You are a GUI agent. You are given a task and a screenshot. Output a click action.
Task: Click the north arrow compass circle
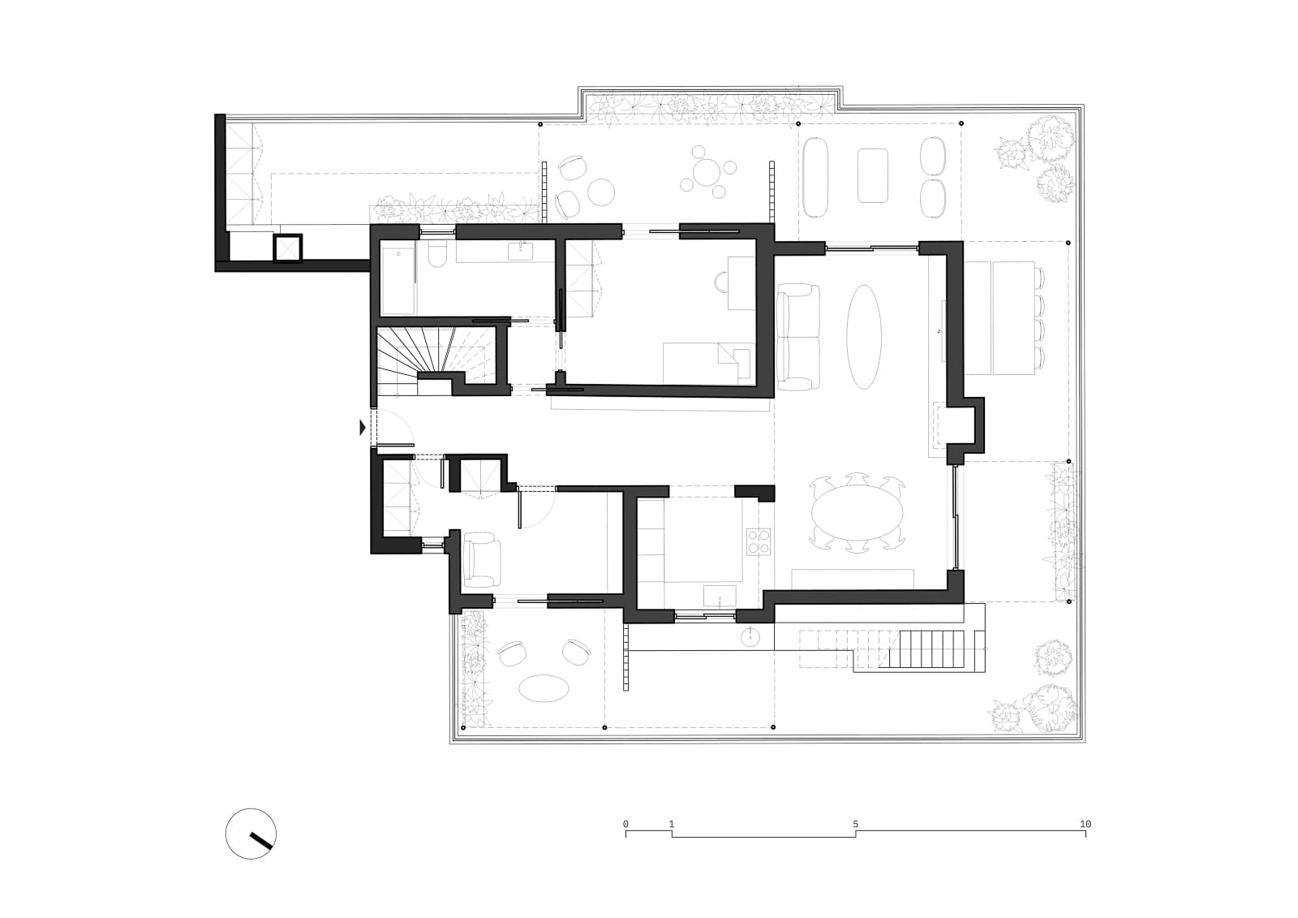pyautogui.click(x=227, y=834)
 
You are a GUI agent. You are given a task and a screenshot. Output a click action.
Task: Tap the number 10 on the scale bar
pyautogui.click(x=1085, y=824)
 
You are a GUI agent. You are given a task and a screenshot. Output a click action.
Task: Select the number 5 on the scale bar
pyautogui.click(x=855, y=824)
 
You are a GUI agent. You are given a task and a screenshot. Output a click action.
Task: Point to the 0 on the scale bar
pyautogui.click(x=625, y=824)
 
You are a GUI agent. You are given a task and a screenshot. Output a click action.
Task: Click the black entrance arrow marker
pyautogui.click(x=363, y=428)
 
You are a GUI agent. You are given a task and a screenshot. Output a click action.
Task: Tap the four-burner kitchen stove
pyautogui.click(x=759, y=541)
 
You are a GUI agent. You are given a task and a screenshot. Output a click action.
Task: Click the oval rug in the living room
pyautogui.click(x=864, y=337)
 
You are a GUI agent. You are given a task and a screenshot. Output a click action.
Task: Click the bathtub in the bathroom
pyautogui.click(x=398, y=281)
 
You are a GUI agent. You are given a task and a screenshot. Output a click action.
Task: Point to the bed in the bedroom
pyautogui.click(x=708, y=363)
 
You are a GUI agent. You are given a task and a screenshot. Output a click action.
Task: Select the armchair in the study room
pyautogui.click(x=482, y=560)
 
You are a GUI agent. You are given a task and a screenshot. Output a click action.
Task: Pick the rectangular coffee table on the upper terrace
pyautogui.click(x=873, y=175)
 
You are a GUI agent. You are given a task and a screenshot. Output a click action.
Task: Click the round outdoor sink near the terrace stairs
pyautogui.click(x=751, y=637)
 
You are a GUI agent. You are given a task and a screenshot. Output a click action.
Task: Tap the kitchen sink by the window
pyautogui.click(x=720, y=595)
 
